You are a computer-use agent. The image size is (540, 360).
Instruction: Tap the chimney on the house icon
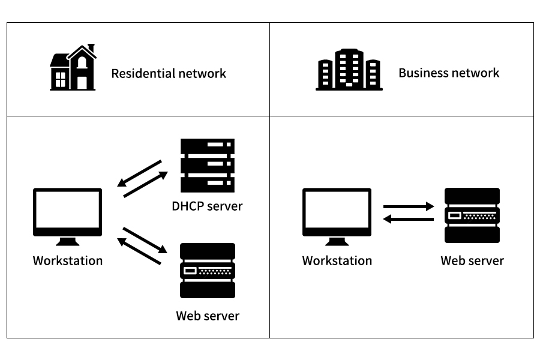91,47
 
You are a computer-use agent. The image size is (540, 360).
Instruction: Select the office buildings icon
349,70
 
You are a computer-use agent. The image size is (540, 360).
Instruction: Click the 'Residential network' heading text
169,74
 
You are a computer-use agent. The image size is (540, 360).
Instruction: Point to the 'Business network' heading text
448,73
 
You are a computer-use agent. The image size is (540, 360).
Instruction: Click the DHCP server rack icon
208,165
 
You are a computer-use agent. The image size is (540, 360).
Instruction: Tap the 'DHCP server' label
207,206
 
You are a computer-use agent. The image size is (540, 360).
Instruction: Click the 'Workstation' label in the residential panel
67,261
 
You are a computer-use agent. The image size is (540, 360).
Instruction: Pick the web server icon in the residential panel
208,271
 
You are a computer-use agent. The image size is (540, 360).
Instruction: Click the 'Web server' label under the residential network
208,316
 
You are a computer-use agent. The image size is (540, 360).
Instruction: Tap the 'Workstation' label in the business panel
337,261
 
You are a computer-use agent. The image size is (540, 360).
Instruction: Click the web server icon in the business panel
472,215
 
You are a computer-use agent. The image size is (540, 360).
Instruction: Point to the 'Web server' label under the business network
472,261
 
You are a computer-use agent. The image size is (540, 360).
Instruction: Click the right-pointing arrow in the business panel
409,206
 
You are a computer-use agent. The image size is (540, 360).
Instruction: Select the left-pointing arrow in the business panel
409,220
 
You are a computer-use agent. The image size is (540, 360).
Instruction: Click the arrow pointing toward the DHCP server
146,185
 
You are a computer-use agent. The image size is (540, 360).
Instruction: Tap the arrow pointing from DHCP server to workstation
139,172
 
